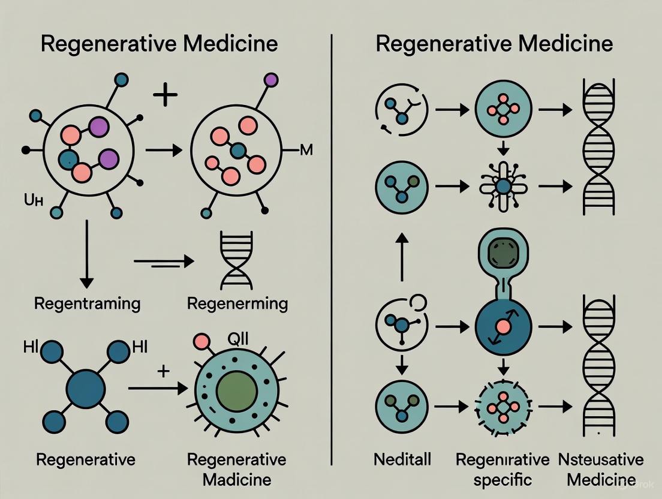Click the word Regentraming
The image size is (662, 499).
point(87,303)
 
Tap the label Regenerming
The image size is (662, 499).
point(237,303)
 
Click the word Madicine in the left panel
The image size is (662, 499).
point(236,480)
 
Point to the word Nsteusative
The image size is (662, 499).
point(601,461)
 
